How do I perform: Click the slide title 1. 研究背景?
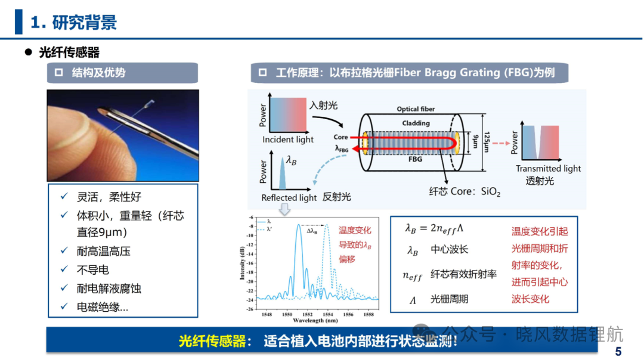pos(74,22)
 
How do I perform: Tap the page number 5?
pos(618,352)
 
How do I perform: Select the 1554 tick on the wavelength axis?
pos(328,315)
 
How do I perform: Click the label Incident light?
pos(288,139)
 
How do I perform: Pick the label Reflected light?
pos(289,197)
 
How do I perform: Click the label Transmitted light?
pos(548,168)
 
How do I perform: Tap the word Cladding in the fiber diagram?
pos(416,123)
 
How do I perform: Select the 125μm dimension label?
pos(487,142)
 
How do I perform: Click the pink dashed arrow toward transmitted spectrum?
pos(501,143)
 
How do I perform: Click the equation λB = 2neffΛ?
pos(434,228)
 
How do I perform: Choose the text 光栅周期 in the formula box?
pos(449,299)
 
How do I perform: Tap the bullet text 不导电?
pos(93,269)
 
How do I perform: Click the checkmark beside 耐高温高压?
pos(64,250)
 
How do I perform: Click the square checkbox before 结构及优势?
pos(58,73)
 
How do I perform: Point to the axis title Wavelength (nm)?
pos(315,321)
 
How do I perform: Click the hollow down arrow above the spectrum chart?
pos(284,209)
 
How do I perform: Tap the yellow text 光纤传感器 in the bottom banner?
pos(212,341)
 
